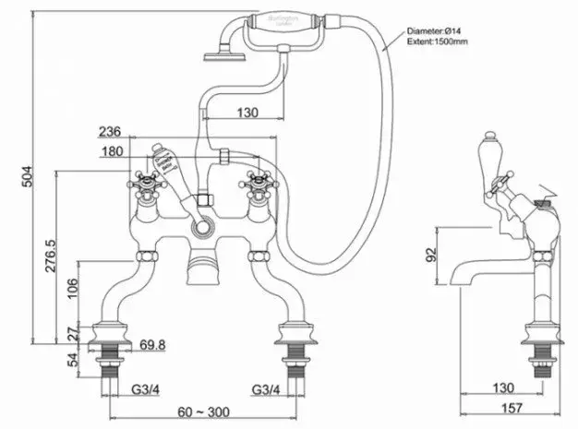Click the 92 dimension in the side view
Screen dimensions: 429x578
[429, 252]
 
